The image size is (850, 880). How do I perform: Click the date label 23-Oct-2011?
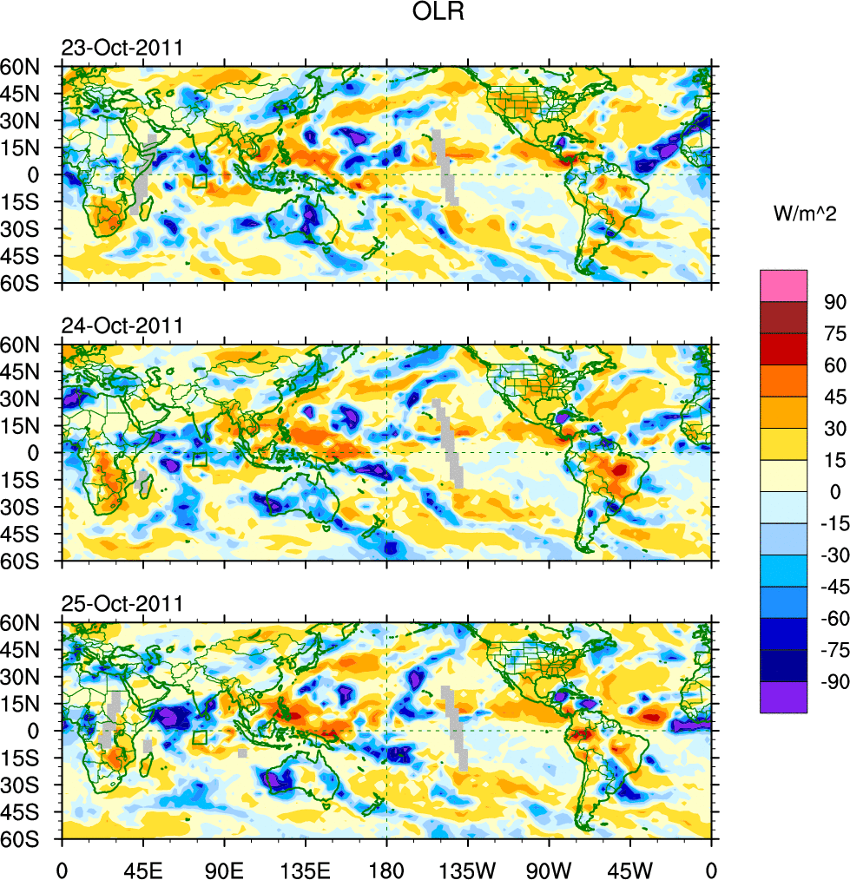click(x=122, y=48)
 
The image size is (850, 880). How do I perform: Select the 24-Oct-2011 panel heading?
click(x=122, y=325)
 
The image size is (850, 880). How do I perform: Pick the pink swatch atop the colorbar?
click(x=784, y=286)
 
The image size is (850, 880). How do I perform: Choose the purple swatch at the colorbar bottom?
click(x=784, y=698)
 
